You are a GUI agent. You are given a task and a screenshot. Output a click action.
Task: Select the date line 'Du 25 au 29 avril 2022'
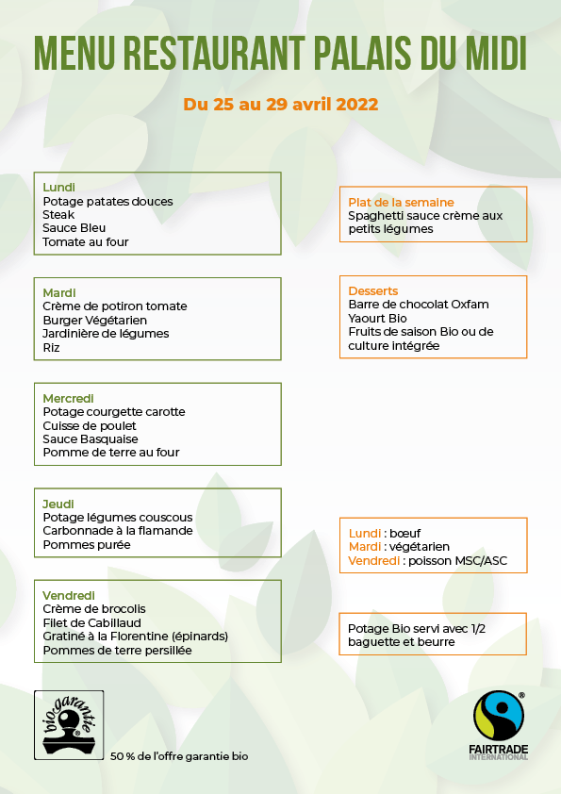pyautogui.click(x=281, y=104)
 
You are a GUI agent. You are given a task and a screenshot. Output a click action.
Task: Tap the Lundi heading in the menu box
pyautogui.click(x=58, y=188)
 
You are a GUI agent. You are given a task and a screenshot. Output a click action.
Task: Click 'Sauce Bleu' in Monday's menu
pyautogui.click(x=74, y=228)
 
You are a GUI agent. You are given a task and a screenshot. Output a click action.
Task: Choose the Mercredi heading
pyautogui.click(x=69, y=399)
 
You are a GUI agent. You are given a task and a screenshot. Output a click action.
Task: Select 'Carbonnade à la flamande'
pyautogui.click(x=118, y=531)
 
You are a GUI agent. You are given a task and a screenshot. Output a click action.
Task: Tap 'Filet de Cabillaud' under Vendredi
pyautogui.click(x=92, y=622)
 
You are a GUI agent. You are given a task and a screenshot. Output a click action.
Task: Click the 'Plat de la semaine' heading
pyautogui.click(x=401, y=203)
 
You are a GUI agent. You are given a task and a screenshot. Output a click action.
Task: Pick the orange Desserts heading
pyautogui.click(x=373, y=291)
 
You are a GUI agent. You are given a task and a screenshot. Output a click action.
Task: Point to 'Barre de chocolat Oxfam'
pyautogui.click(x=419, y=305)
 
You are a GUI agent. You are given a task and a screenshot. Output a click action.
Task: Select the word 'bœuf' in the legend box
pyautogui.click(x=405, y=533)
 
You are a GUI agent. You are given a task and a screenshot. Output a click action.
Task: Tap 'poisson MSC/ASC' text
pyautogui.click(x=455, y=560)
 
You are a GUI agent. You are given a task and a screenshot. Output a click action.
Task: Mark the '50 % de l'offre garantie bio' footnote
pyautogui.click(x=179, y=756)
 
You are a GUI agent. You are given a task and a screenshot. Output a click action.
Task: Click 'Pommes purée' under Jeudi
pyautogui.click(x=87, y=545)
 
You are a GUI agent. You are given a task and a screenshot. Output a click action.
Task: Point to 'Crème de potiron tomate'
pyautogui.click(x=115, y=306)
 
